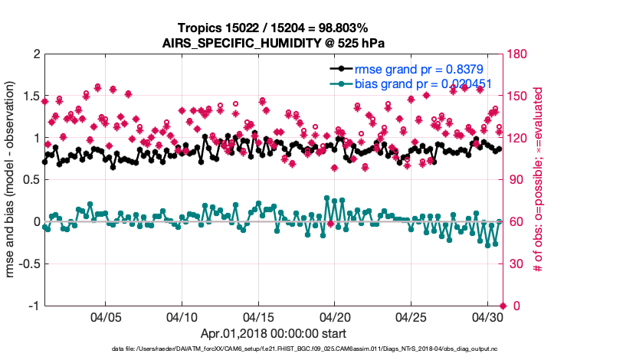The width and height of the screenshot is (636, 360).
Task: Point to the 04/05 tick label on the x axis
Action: (x=106, y=316)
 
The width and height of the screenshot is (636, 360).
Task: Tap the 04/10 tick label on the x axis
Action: (x=182, y=316)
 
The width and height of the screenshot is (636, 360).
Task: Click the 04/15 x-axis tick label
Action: (x=259, y=316)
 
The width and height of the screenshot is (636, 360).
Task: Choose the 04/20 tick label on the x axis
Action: (x=336, y=316)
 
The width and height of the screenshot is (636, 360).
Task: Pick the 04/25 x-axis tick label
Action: (x=412, y=316)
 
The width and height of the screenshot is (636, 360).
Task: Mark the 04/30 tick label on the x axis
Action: (x=489, y=316)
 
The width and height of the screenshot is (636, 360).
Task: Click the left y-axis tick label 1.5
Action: (x=31, y=97)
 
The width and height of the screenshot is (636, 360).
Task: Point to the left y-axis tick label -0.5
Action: (x=28, y=264)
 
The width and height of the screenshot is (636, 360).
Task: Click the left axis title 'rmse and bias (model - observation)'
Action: (x=13, y=180)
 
